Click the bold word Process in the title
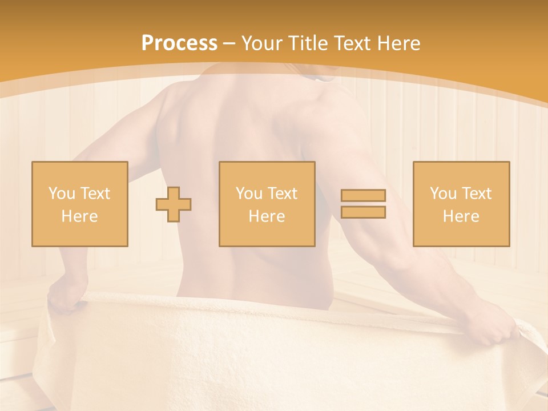click(179, 43)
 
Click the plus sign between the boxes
click(174, 204)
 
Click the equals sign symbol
click(363, 204)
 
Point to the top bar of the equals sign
click(363, 195)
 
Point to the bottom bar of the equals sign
click(363, 212)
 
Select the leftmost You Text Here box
click(79, 204)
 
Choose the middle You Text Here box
click(267, 204)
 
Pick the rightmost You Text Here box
click(461, 204)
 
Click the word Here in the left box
click(79, 216)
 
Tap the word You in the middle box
click(249, 194)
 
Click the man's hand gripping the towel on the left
click(64, 297)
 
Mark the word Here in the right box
click(461, 216)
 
